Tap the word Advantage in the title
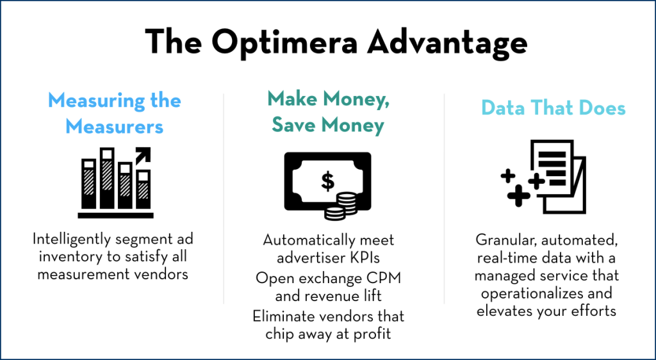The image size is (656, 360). pyautogui.click(x=447, y=43)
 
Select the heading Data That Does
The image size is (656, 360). pyautogui.click(x=553, y=108)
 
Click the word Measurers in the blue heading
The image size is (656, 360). pyautogui.click(x=114, y=126)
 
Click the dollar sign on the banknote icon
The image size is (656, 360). pyautogui.click(x=327, y=181)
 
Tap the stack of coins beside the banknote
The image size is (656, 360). pyautogui.click(x=341, y=205)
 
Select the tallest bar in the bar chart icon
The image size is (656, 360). pyautogui.click(x=107, y=178)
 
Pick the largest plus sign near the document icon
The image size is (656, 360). pyautogui.click(x=519, y=195)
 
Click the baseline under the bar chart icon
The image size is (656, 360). pyautogui.click(x=115, y=215)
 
